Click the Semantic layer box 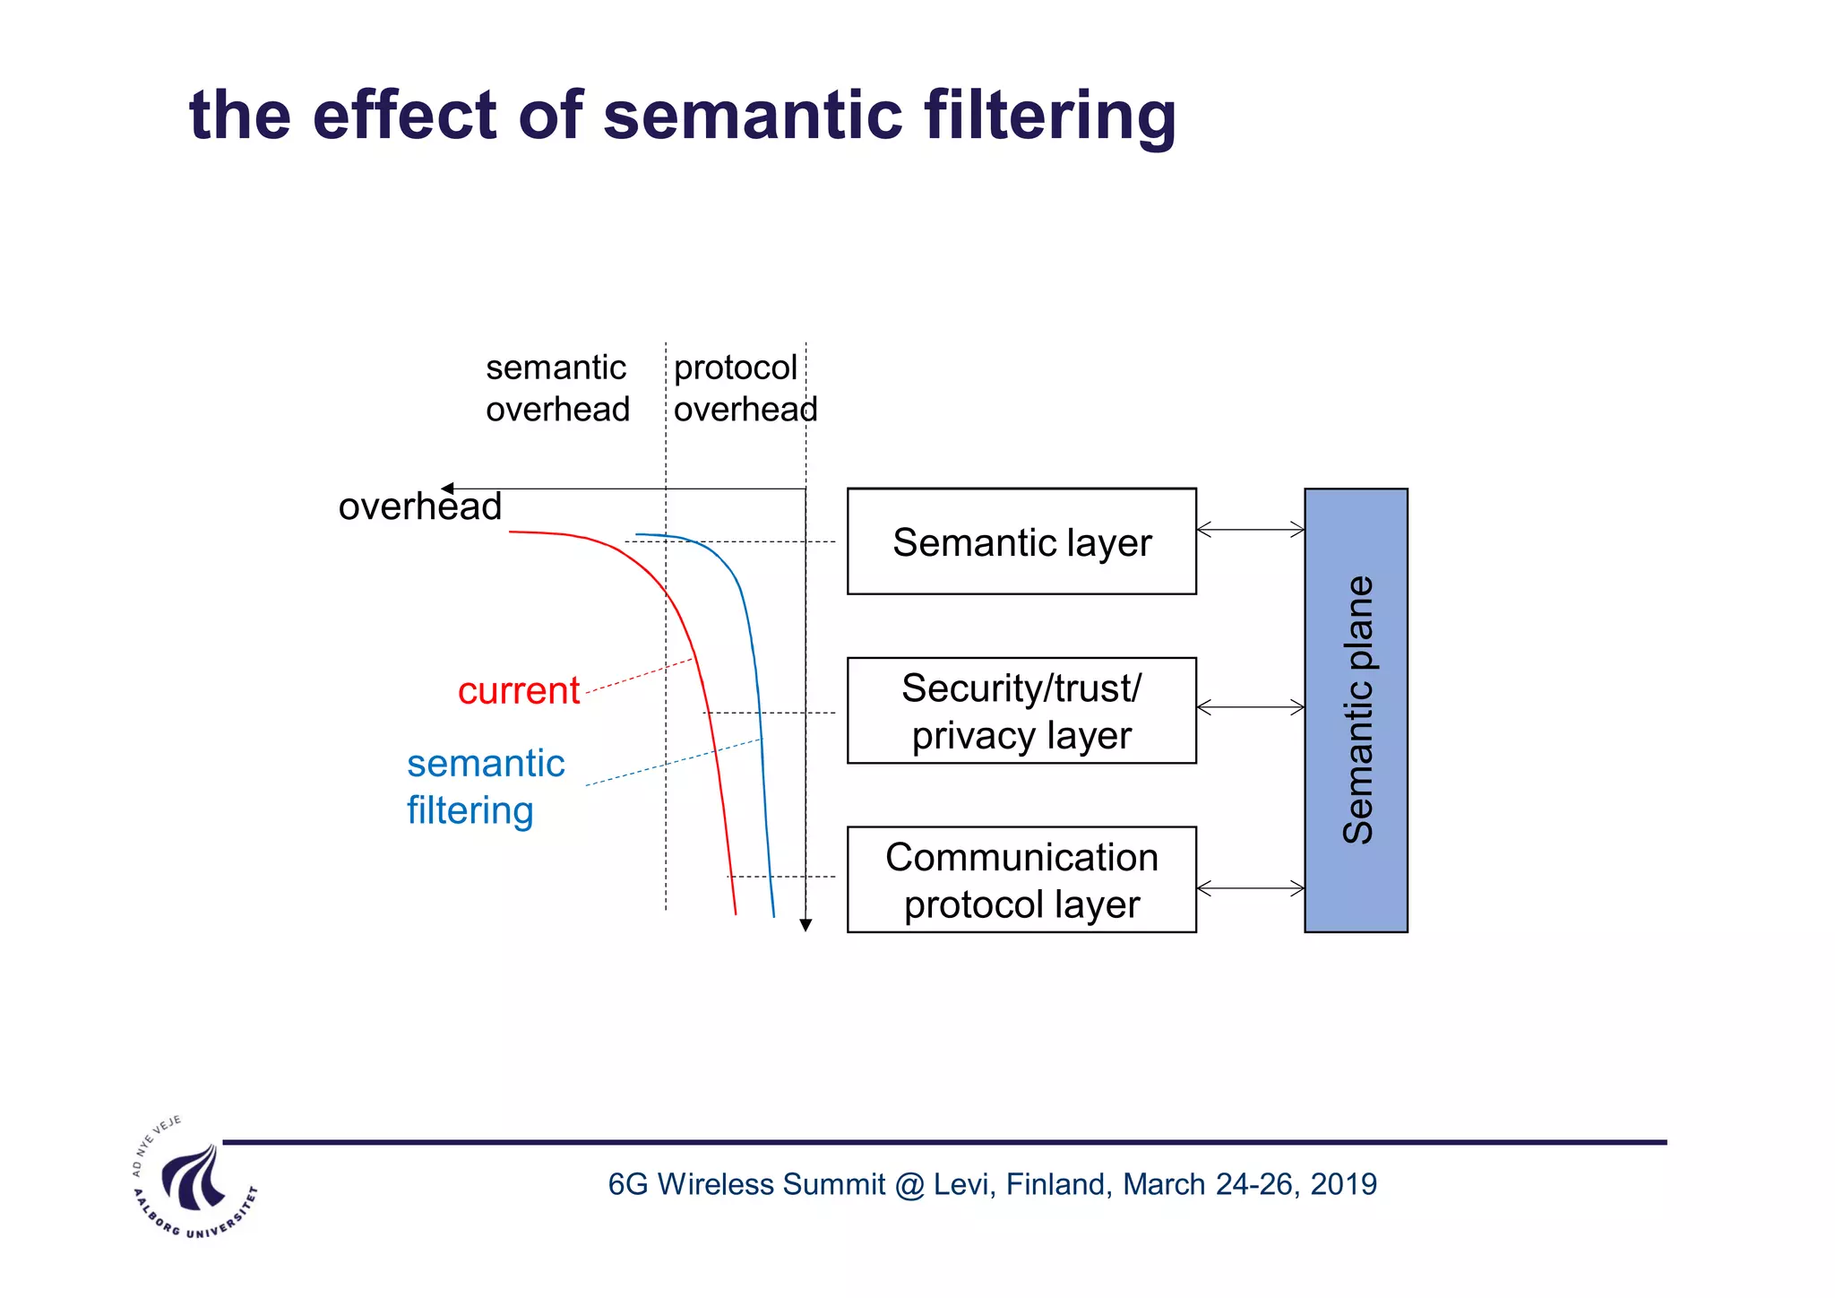(1021, 541)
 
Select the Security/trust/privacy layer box (1021, 711)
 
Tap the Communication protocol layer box (1021, 879)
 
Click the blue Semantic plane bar (1356, 710)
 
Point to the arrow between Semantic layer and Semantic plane (1250, 530)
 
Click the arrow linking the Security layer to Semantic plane (1250, 707)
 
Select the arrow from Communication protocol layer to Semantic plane (1250, 888)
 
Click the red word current (519, 691)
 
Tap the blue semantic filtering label (485, 786)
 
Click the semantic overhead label (557, 388)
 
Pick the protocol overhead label (744, 388)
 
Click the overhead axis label (419, 507)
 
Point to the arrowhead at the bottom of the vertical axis (806, 925)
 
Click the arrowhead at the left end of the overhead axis (447, 489)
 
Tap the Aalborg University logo (194, 1181)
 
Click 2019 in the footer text (1343, 1184)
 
